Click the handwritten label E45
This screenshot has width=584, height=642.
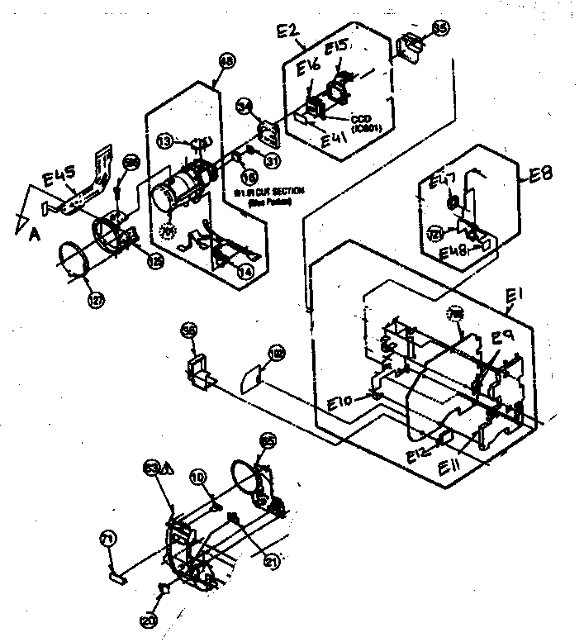point(59,175)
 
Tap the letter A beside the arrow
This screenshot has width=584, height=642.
point(34,234)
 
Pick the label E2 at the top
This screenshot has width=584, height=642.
point(289,34)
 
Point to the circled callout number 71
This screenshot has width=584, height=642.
point(106,539)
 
